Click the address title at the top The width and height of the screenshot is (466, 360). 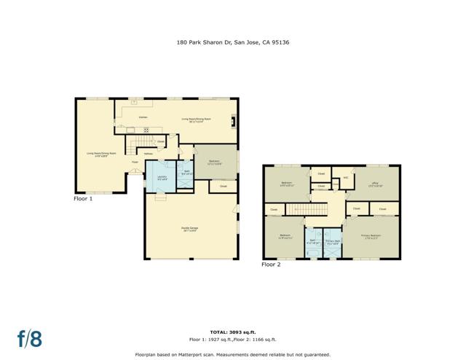[232, 42]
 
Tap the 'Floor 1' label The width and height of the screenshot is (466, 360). [83, 198]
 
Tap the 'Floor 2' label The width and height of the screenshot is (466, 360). [271, 264]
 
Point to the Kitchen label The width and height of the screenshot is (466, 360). [143, 117]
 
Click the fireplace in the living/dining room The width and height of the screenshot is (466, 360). [234, 121]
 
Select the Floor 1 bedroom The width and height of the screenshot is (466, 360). [215, 162]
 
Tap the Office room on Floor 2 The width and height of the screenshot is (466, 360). [376, 184]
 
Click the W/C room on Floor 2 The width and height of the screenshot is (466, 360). [347, 177]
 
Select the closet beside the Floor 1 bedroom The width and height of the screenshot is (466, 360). [224, 187]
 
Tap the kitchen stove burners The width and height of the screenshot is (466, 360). [146, 130]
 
